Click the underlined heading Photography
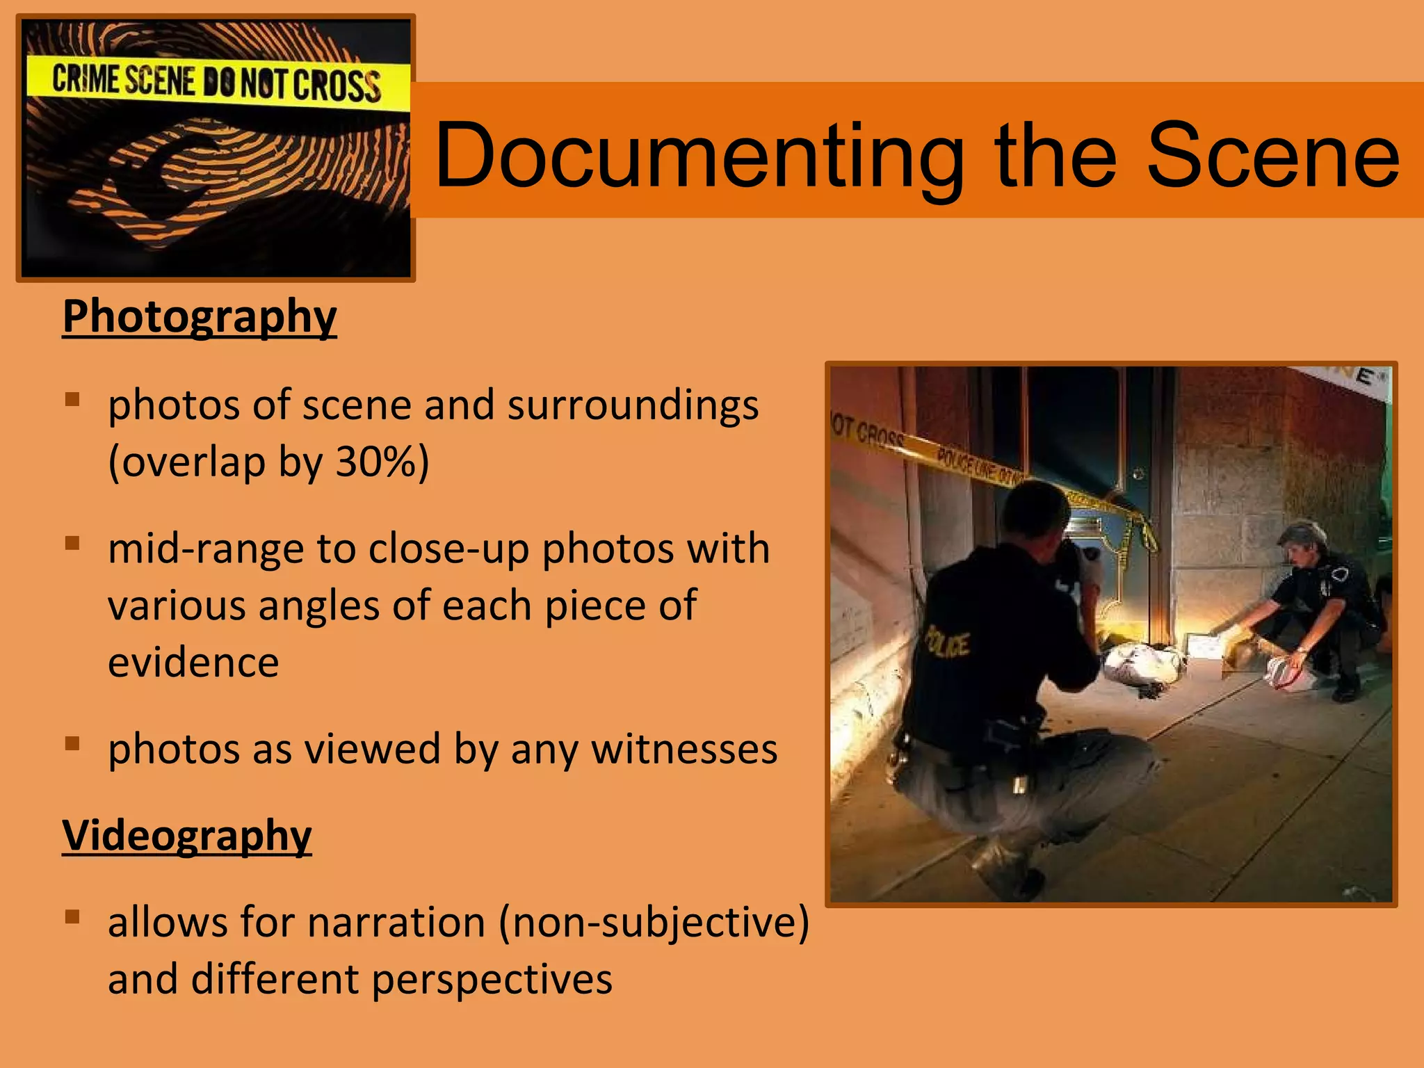click(200, 316)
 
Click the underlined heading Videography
click(187, 834)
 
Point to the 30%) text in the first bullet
click(382, 462)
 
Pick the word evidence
click(193, 662)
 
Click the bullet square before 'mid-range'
click(72, 542)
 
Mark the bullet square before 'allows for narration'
click(72, 916)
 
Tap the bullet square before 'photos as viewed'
click(72, 743)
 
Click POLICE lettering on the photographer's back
click(947, 644)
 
